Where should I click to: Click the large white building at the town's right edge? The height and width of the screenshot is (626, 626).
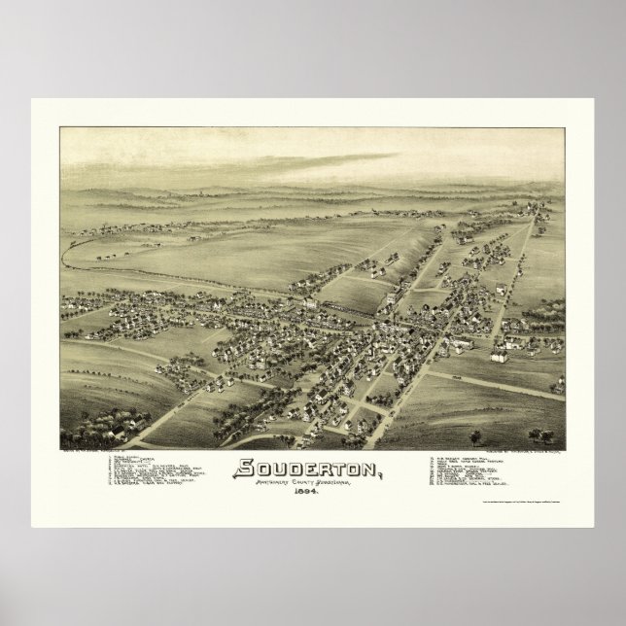pyautogui.click(x=502, y=355)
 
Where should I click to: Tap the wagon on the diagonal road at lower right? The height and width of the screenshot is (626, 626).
pyautogui.click(x=457, y=373)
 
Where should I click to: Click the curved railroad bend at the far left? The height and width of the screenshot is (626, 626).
pyautogui.click(x=65, y=255)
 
